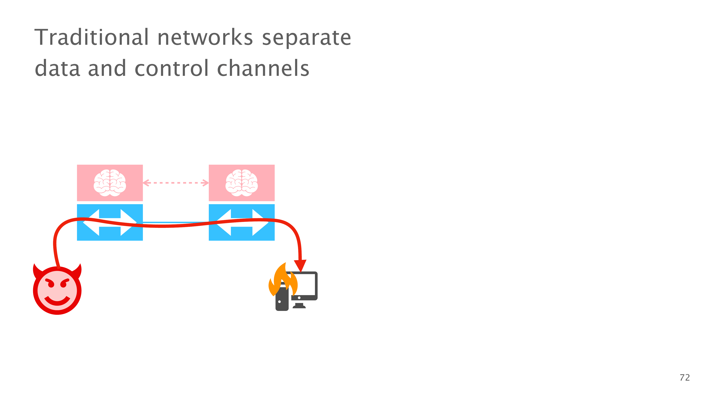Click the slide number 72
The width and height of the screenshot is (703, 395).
pos(684,378)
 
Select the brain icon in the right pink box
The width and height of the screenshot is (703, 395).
pos(241,183)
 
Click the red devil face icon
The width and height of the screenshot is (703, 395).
pos(57,290)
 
